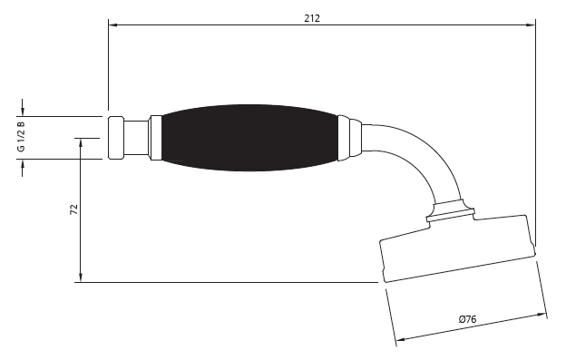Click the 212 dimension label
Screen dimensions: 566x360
click(x=312, y=18)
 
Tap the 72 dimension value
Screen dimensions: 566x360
click(x=73, y=209)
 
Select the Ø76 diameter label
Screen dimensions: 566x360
click(x=467, y=319)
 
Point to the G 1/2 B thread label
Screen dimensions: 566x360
click(x=21, y=136)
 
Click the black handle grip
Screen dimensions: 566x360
click(x=249, y=138)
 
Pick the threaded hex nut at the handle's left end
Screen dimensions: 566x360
click(x=116, y=138)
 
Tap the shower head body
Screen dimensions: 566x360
click(x=458, y=248)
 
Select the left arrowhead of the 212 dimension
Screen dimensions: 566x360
click(x=113, y=24)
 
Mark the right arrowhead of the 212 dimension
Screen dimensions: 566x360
click(x=531, y=24)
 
